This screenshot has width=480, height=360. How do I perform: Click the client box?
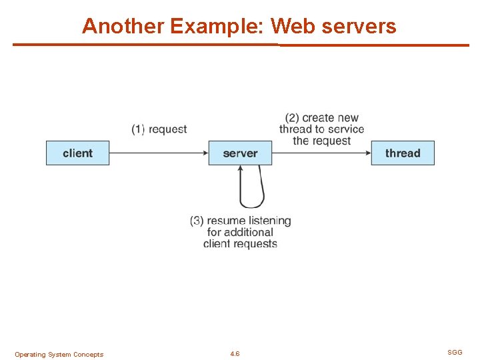77,153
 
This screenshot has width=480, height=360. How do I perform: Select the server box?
240,153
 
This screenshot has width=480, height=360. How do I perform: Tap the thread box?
403,153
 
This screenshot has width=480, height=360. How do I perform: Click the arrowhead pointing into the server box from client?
205,153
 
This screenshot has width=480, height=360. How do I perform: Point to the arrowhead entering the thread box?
367,153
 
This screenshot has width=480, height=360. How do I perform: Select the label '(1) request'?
159,129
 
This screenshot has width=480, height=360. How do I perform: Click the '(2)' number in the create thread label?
292,118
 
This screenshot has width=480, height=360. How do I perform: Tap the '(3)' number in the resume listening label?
197,221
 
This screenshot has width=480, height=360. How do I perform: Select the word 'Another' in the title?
123,26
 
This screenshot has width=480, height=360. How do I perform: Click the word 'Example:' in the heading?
218,26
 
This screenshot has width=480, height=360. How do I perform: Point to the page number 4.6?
235,354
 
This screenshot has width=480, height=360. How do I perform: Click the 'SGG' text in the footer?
455,352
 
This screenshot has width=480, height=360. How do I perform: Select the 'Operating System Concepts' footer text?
59,355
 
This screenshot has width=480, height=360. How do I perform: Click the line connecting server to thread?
320,153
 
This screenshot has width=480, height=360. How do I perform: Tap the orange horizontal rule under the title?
240,45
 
